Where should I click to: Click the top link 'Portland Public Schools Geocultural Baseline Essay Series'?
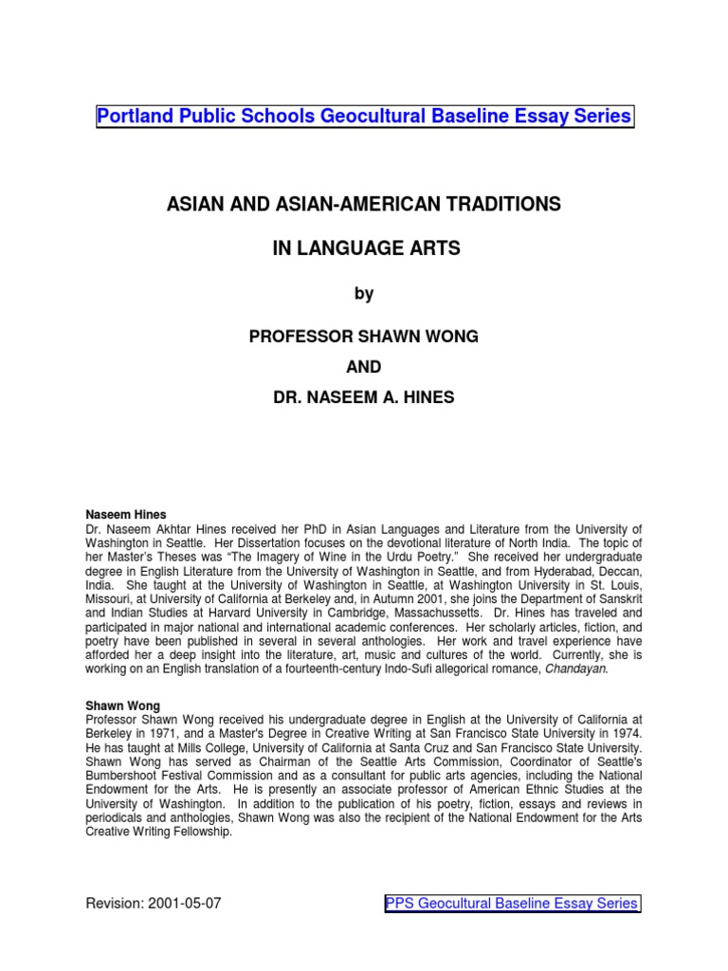[x=364, y=117]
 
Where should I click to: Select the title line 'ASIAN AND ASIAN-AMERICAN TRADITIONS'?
[x=364, y=205]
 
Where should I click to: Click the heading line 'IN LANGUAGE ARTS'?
[x=364, y=249]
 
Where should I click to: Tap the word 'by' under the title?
[x=364, y=294]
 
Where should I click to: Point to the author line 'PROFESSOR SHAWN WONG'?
[x=364, y=339]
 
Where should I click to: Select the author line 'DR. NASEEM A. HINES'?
[x=364, y=398]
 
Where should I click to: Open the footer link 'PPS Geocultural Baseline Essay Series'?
[x=512, y=904]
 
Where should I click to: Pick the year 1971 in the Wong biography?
[x=171, y=734]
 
